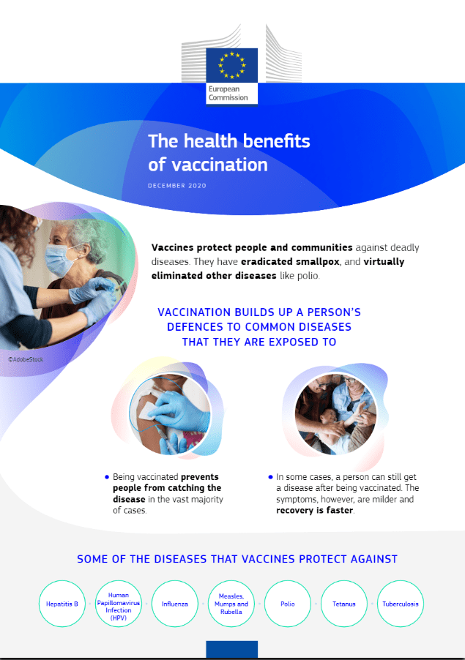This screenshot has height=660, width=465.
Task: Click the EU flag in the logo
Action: click(x=231, y=65)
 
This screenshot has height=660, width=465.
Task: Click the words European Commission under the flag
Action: click(x=228, y=94)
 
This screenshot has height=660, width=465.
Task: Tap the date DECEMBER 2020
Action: click(x=177, y=186)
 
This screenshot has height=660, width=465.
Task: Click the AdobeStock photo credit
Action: click(x=26, y=359)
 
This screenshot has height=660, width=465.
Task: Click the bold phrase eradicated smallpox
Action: click(x=290, y=262)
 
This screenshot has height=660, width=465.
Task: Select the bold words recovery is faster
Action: click(x=315, y=511)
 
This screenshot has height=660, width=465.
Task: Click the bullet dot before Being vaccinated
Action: click(x=107, y=477)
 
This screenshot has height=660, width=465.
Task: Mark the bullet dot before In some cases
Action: click(x=270, y=477)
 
